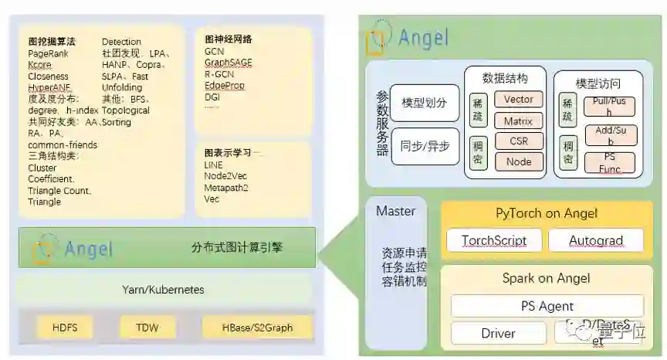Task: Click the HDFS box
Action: coord(65,328)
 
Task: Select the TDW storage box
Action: coord(147,328)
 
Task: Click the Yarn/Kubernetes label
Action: coord(163,290)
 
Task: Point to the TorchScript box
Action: coord(493,240)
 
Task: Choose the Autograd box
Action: coord(595,240)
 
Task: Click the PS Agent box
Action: coord(547,306)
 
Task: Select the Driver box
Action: coord(498,334)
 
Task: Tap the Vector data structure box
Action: coord(518,100)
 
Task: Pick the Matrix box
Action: coord(518,121)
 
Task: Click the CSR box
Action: coord(518,141)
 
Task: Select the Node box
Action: coord(518,161)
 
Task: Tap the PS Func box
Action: coord(609,162)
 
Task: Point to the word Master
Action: coord(395,211)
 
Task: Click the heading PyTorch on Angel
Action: coord(547,214)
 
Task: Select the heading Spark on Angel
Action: coord(547,278)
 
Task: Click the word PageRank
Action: coord(49,54)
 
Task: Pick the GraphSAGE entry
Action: coord(228,63)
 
